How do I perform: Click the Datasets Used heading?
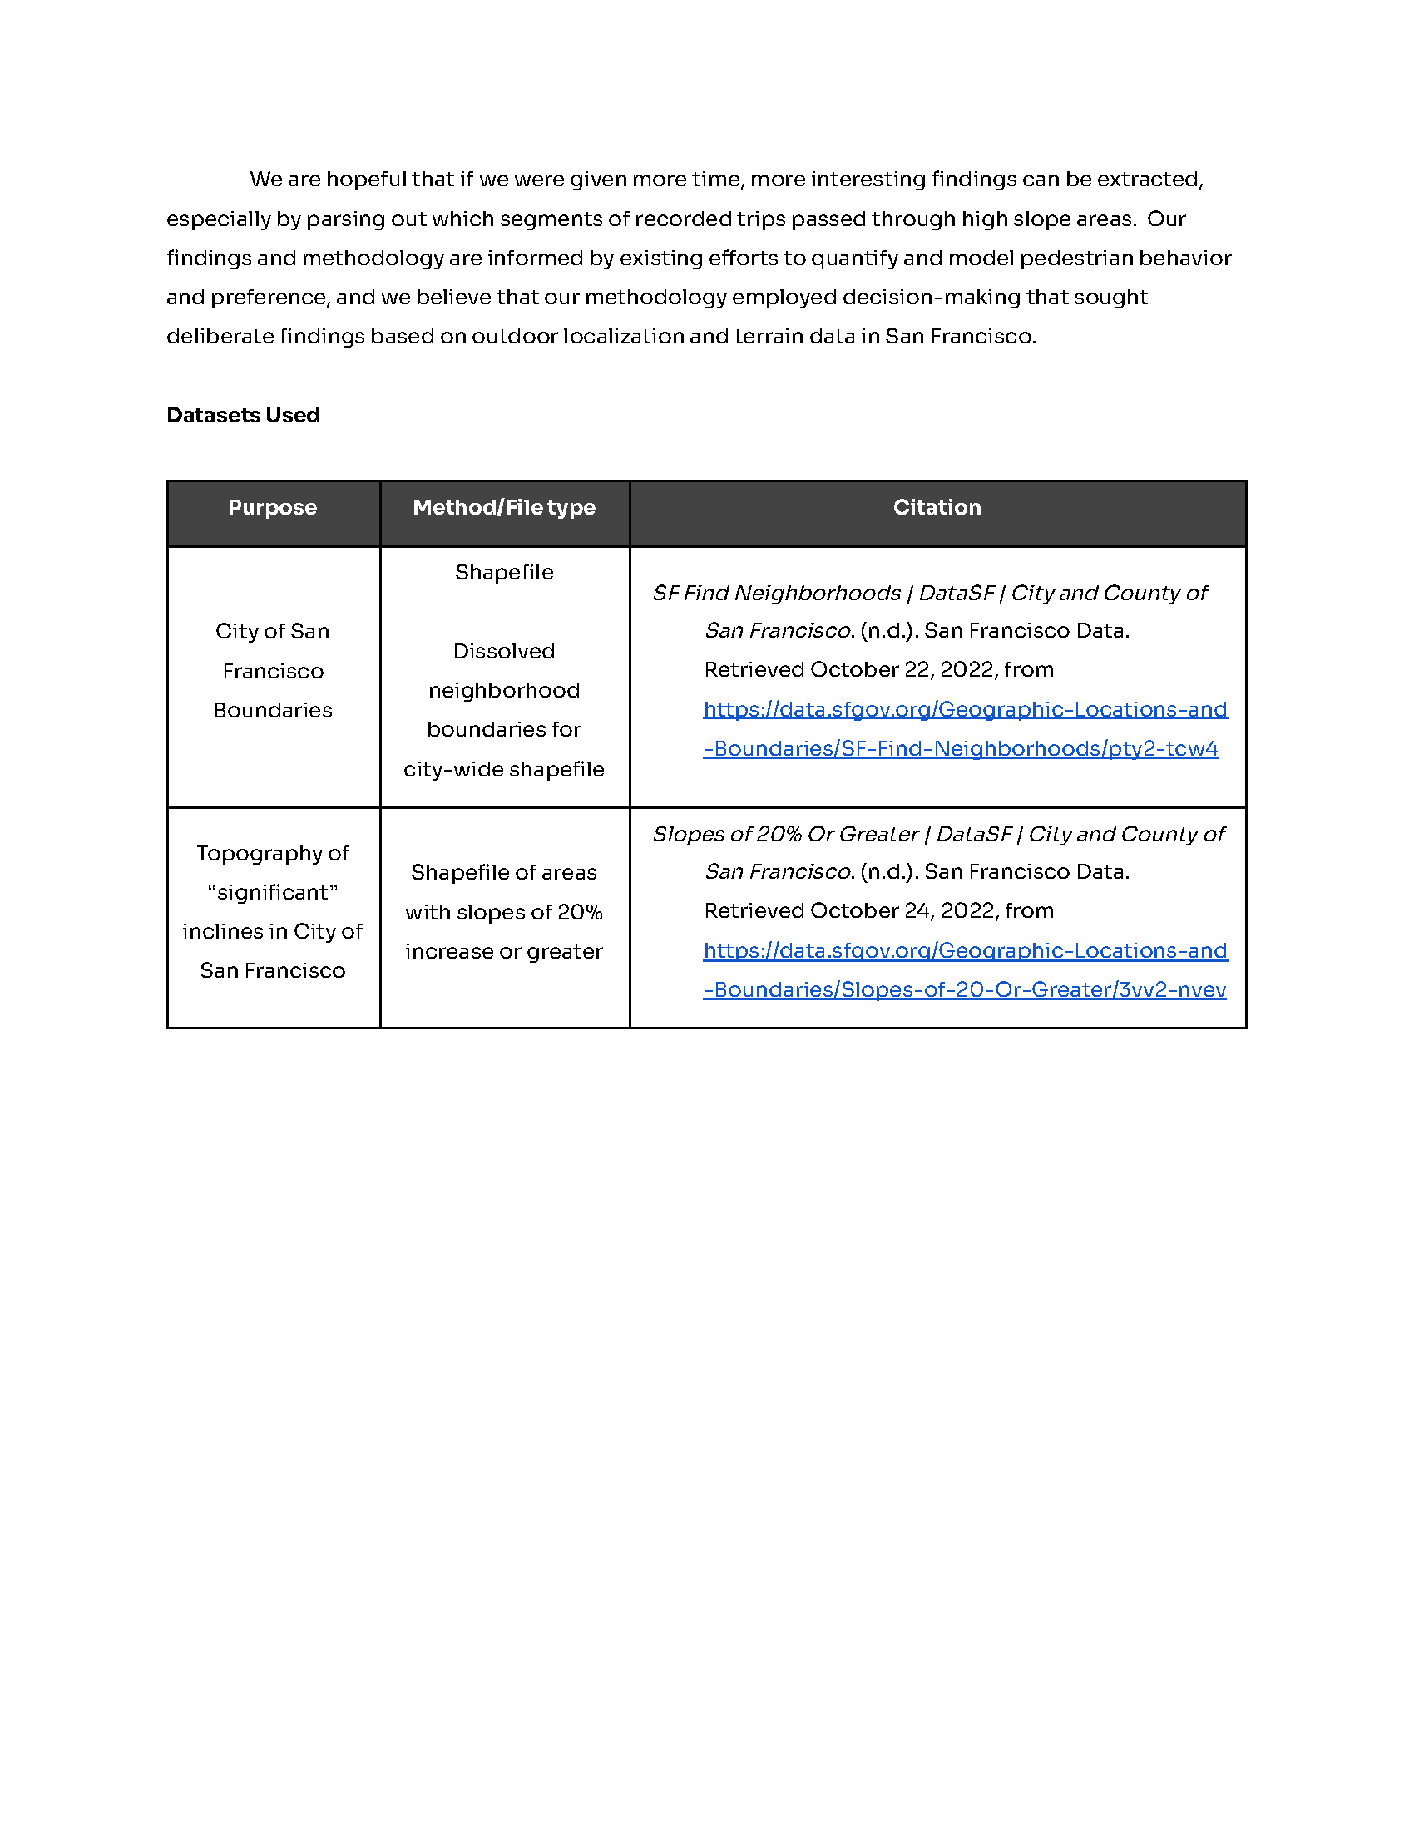243,416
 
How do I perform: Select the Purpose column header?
272,507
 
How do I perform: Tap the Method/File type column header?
503,507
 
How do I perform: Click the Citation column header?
937,507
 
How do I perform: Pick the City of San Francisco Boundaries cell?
272,671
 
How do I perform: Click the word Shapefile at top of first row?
503,572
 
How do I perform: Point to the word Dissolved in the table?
503,652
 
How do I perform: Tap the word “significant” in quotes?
272,893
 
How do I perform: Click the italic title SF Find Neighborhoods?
776,594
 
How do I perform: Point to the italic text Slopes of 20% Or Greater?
785,835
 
